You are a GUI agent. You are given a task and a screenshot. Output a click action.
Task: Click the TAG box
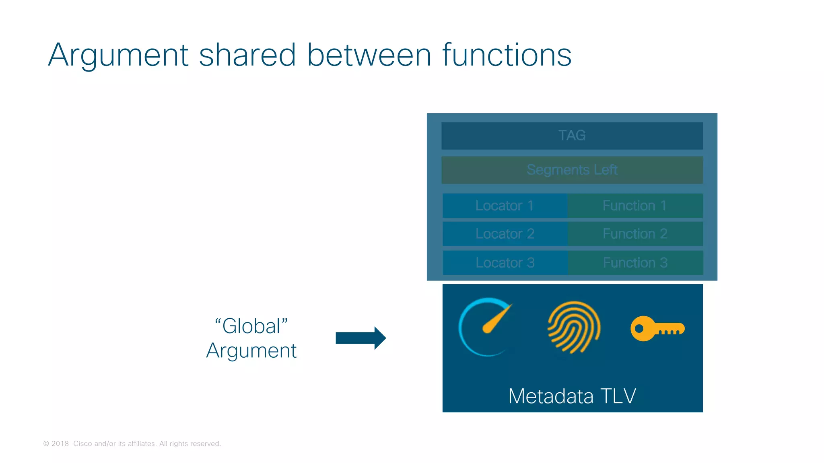coord(572,135)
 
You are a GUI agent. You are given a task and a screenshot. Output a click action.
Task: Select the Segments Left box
coord(572,170)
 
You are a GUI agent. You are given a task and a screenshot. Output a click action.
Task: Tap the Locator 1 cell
coord(505,206)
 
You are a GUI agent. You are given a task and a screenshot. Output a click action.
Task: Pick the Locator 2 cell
coord(505,234)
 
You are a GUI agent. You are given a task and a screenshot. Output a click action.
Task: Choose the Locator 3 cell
coord(505,263)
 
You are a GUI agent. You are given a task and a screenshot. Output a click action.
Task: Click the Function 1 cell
coord(635,206)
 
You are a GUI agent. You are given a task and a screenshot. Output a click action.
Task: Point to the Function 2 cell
coord(635,234)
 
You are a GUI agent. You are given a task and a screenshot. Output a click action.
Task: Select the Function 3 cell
coord(635,263)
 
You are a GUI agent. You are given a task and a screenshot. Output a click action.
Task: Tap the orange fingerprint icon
coord(574,327)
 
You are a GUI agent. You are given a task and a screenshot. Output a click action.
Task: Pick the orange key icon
coord(657,328)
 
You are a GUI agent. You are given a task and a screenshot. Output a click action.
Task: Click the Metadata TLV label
coord(572,396)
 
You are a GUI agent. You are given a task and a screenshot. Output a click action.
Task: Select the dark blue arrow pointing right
coord(360,338)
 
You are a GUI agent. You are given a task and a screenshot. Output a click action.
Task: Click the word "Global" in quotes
coord(251,326)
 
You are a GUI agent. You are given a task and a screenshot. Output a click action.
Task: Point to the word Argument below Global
coord(251,351)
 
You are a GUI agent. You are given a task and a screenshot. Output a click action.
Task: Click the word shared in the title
coord(247,55)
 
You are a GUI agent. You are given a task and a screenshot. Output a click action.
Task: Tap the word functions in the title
coord(507,55)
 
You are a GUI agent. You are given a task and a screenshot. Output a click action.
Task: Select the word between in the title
coord(369,55)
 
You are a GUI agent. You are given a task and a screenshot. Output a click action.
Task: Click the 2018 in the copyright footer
coord(60,444)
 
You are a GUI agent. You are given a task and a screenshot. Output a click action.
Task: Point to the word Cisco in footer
coord(82,444)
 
